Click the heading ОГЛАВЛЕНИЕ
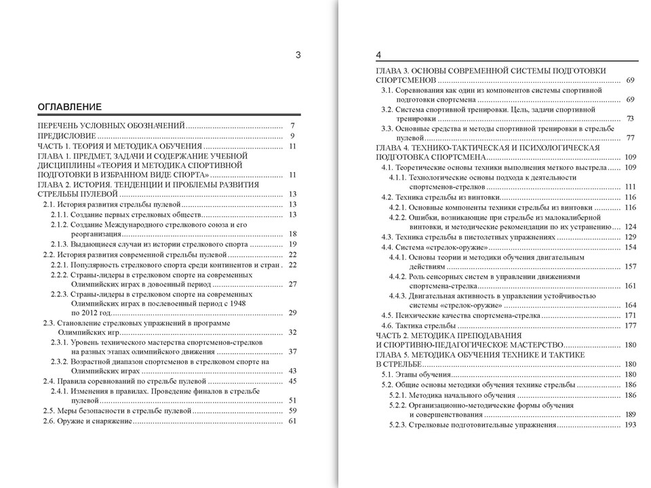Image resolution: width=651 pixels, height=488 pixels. [x=69, y=107]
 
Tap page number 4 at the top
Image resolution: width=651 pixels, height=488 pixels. [x=379, y=55]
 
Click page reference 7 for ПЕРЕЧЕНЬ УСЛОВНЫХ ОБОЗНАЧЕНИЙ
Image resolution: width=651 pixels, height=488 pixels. [x=292, y=126]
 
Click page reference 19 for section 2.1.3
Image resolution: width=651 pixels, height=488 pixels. [x=293, y=244]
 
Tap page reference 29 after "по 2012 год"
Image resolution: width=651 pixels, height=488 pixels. [x=293, y=312]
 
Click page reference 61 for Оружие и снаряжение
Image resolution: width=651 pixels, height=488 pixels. [x=293, y=421]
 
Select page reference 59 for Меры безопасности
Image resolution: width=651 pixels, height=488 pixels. [x=293, y=411]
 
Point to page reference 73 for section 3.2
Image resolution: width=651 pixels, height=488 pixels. [x=630, y=119]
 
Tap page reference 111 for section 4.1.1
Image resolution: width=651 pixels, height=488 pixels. [x=629, y=186]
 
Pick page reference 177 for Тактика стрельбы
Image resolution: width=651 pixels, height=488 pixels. [x=629, y=326]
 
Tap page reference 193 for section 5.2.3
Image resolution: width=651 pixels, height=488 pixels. [x=629, y=425]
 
